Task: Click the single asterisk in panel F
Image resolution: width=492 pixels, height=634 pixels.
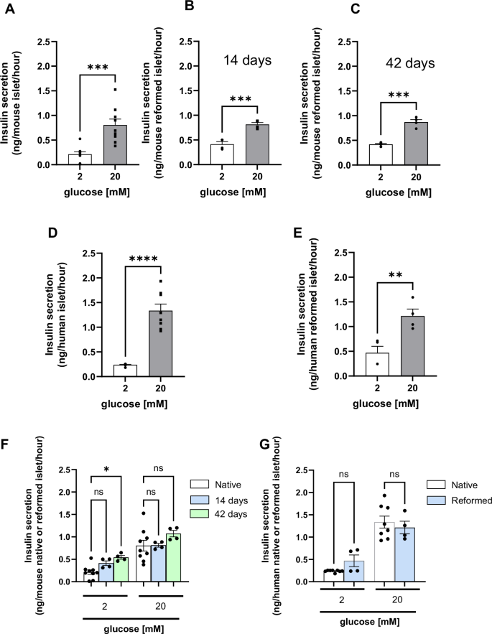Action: [106, 470]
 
